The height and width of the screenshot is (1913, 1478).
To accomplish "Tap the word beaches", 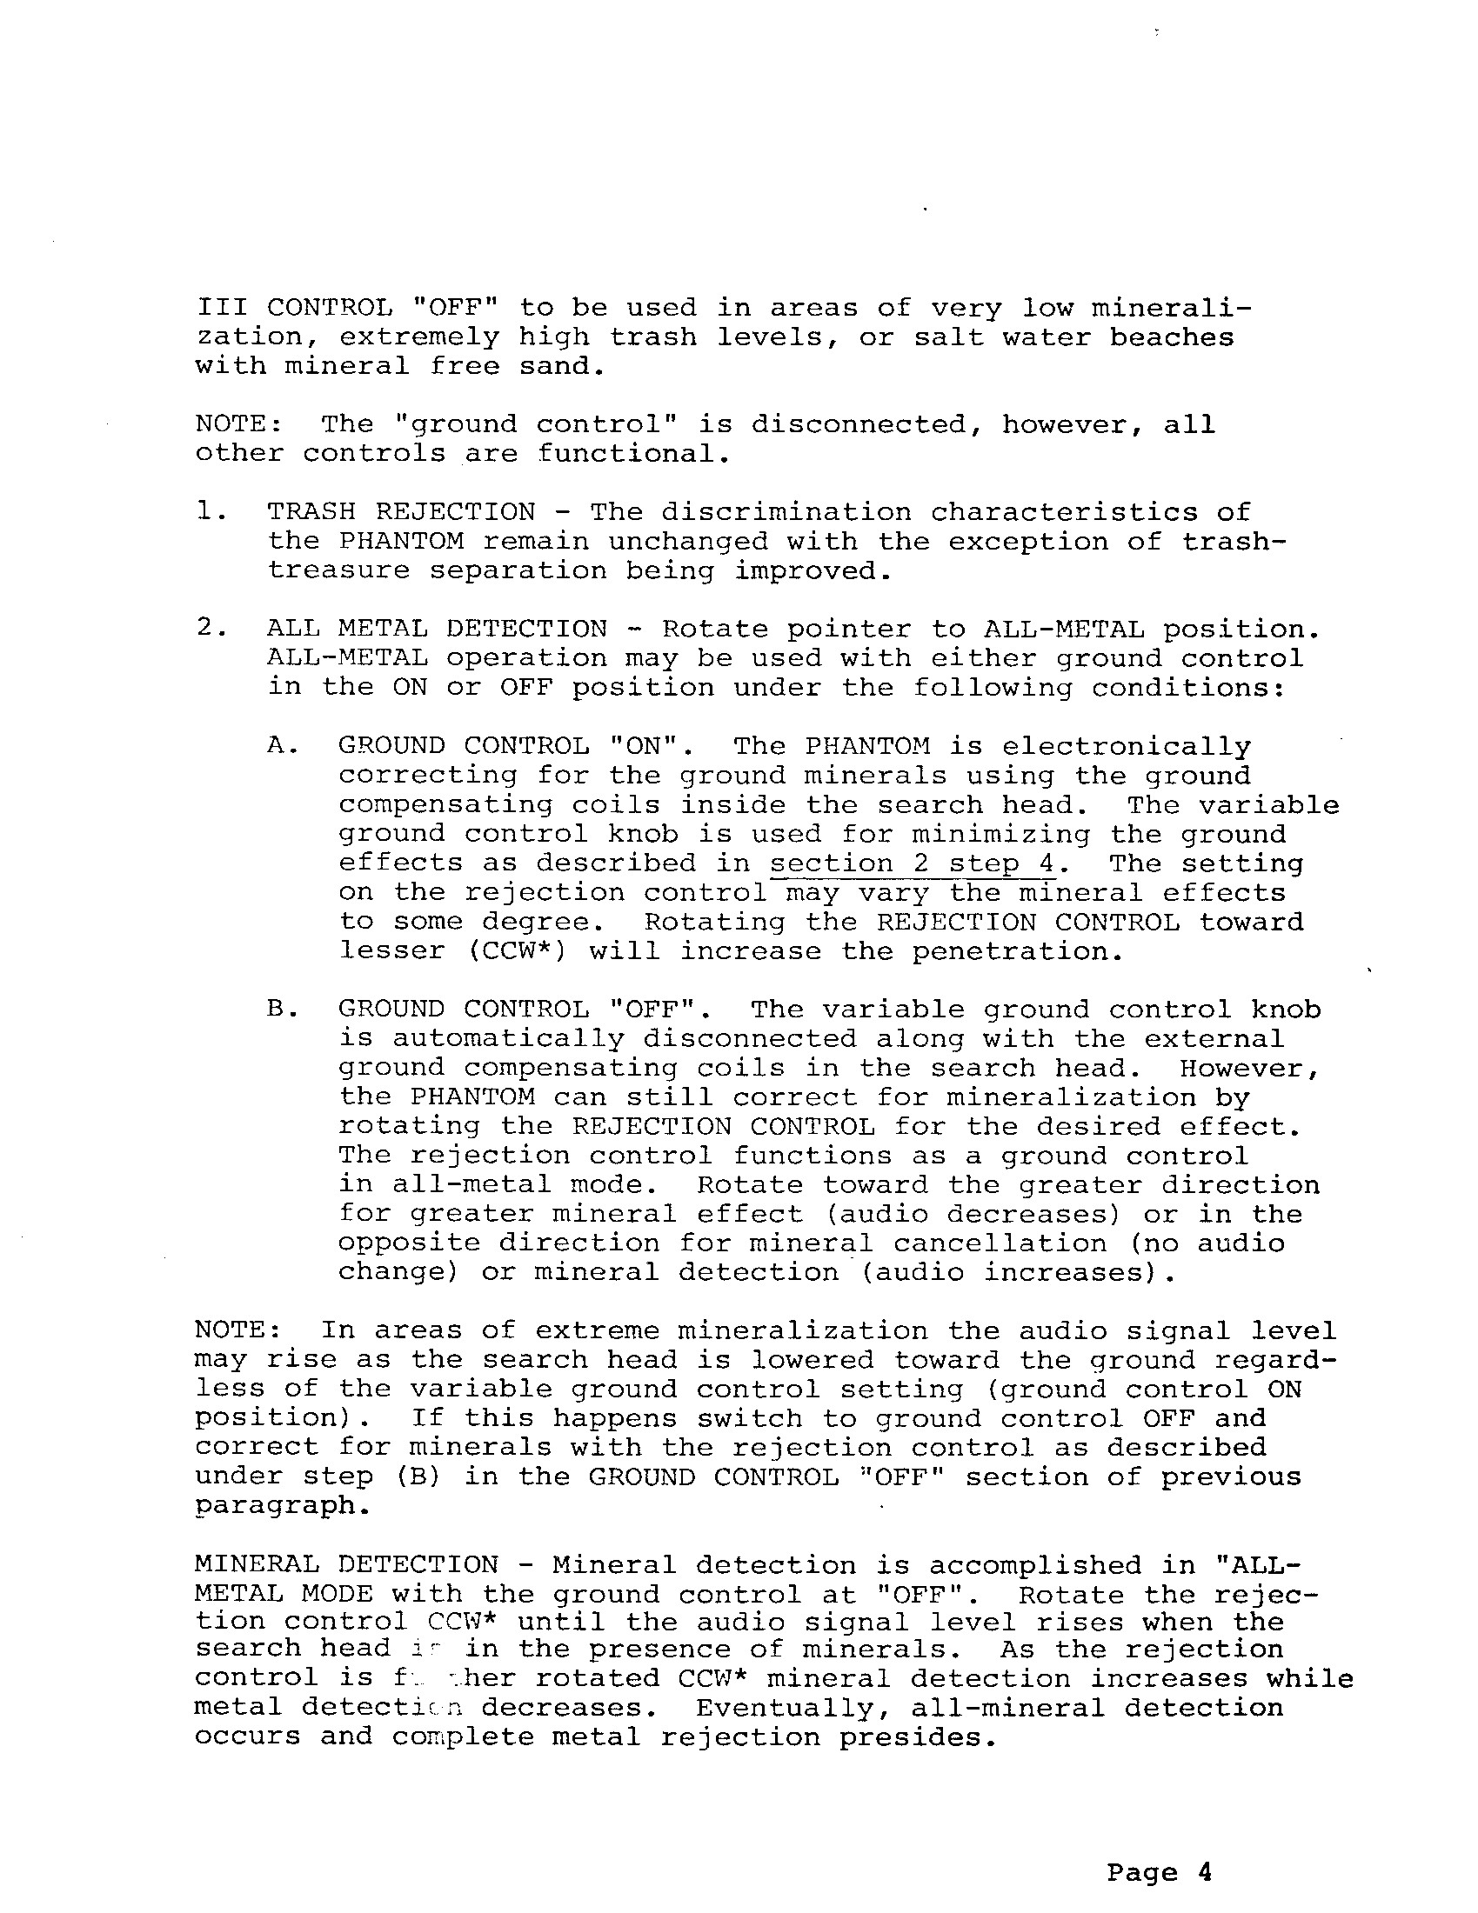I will (1172, 337).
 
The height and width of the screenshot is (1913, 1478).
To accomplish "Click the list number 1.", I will (204, 511).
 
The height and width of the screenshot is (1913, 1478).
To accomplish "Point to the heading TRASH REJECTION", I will (400, 511).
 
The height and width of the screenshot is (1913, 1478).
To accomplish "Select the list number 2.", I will (204, 629).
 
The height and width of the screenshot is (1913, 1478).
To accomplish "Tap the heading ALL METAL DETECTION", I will (437, 629).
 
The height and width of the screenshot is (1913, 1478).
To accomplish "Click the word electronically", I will (1126, 746).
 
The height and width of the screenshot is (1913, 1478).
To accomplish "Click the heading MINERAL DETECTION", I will (346, 1565).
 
